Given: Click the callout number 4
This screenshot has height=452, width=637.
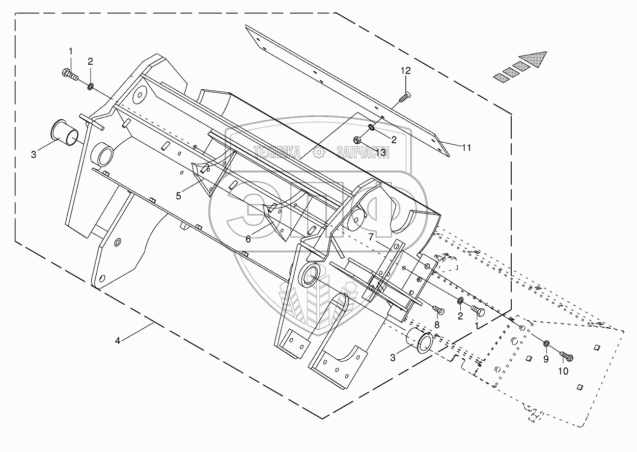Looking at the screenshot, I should (118, 341).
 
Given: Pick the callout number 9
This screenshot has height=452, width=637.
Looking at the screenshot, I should (546, 359).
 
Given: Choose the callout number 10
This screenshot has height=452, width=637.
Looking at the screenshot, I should (563, 371).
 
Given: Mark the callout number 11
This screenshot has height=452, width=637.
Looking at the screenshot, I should (467, 148).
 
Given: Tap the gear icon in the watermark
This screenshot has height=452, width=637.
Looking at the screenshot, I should (319, 152).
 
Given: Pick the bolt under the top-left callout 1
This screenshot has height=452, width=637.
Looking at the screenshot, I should (70, 75).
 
